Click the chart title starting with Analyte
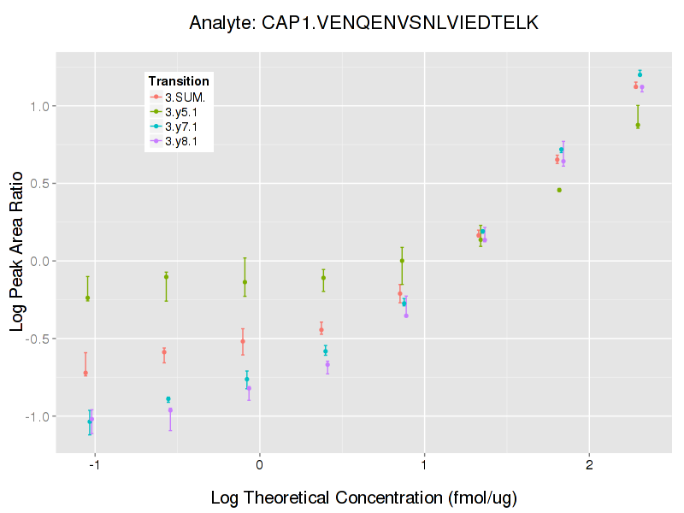point(363,23)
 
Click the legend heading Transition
point(179,80)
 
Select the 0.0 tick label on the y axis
point(39,261)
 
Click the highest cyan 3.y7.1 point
point(640,74)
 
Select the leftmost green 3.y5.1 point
point(87,298)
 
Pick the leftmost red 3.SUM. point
point(85,373)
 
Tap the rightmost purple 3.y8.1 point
point(642,87)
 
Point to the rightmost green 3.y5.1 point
point(638,125)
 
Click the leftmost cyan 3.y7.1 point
point(90,421)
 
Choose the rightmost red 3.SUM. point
point(635,86)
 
